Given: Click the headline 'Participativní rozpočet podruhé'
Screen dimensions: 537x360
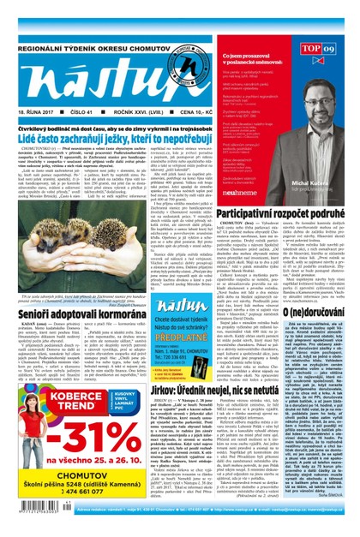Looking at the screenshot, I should tap(285, 210).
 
